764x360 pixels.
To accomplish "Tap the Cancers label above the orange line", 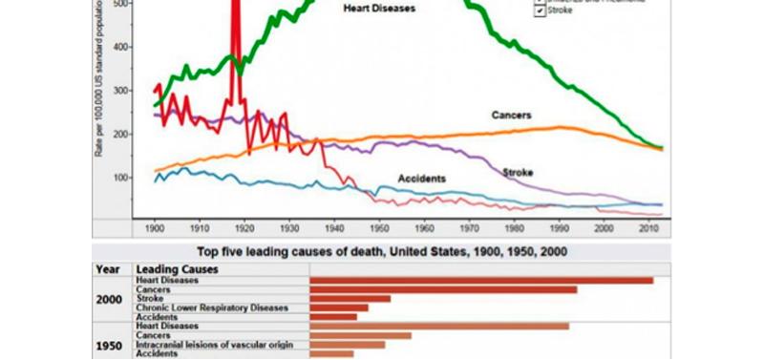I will coord(512,116).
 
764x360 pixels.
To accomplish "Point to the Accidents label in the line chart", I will coord(421,179).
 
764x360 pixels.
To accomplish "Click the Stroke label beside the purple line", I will coord(517,172).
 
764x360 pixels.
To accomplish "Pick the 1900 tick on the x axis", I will coord(154,229).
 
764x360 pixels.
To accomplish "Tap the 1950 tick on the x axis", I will coord(379,229).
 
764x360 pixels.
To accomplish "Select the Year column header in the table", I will coord(107,269).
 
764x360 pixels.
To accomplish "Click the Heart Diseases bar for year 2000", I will coord(481,280).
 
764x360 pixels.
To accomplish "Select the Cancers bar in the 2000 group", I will coord(443,289).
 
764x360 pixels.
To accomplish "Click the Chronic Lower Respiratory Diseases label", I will coord(211,307).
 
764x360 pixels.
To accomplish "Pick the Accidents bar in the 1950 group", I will coord(331,353).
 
